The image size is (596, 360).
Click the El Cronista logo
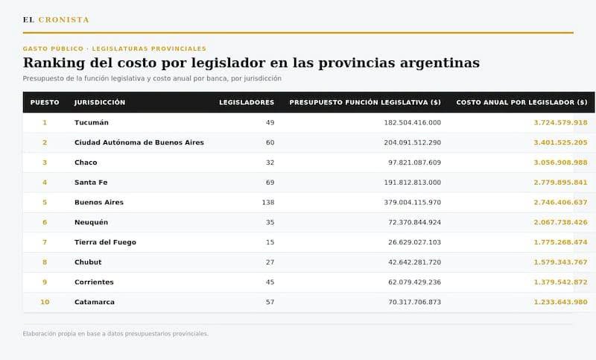56,20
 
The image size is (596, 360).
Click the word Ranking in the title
54,63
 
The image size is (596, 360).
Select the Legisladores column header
247,102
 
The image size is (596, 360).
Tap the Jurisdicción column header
100,102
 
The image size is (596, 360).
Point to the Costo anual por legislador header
522,102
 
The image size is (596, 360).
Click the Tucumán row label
92,122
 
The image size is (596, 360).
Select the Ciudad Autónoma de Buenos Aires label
139,142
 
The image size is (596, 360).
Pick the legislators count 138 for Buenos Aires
268,202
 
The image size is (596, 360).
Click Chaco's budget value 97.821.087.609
415,162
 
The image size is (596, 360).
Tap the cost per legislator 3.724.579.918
561,122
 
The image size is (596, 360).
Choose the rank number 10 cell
45,302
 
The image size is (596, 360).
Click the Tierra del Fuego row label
105,242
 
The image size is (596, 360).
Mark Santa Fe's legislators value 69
270,183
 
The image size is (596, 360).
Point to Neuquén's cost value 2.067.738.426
561,222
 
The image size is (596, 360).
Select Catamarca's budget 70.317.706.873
415,302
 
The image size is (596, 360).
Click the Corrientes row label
95,282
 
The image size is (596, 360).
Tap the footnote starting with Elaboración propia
115,334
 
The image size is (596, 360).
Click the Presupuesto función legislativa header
365,102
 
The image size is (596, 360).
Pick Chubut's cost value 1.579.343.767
561,262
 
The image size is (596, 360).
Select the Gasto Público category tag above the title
53,48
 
